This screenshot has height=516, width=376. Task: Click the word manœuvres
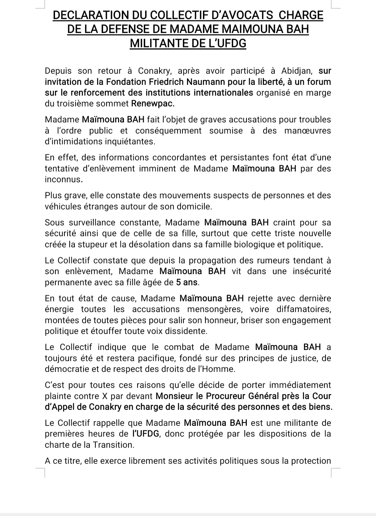(308, 131)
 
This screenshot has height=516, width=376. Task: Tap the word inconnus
(63, 180)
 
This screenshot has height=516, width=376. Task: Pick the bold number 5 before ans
(179, 282)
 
